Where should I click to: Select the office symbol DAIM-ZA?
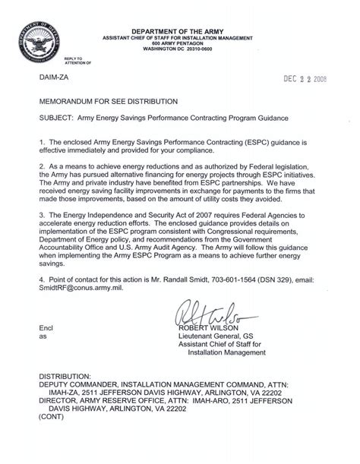48,77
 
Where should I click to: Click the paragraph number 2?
34,164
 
